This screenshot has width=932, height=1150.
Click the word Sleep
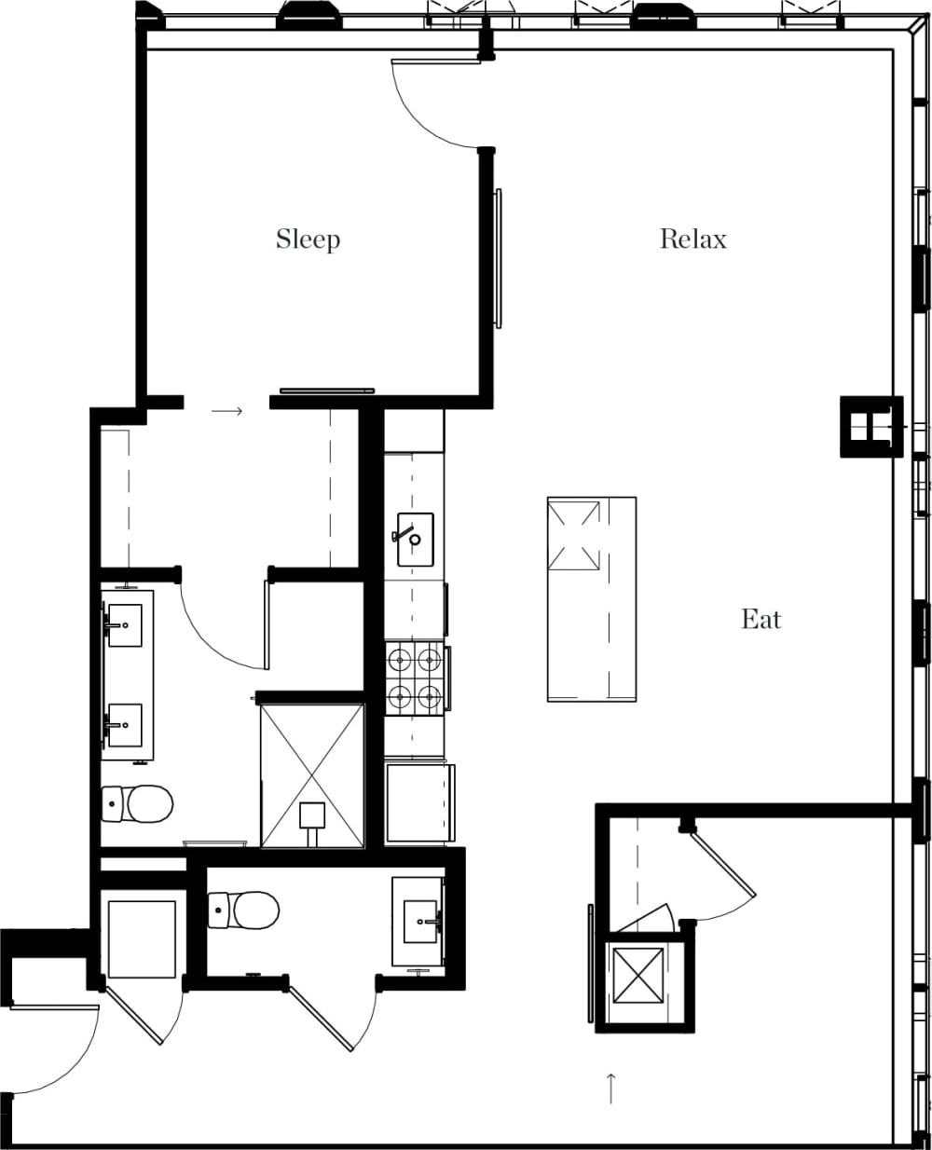coord(308,240)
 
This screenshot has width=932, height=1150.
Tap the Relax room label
coord(692,240)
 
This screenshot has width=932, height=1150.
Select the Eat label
coord(761,619)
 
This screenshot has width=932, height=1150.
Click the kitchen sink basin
coord(415,539)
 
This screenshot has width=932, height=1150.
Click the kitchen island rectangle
coord(592,598)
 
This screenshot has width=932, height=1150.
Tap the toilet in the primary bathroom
coord(139,803)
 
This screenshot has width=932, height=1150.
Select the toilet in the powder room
coord(244,910)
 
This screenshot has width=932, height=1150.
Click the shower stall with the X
coord(312,776)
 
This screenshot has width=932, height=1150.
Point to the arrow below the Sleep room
coord(227,410)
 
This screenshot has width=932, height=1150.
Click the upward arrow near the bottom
coord(610,1088)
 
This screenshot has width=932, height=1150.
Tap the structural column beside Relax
coord(871,426)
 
